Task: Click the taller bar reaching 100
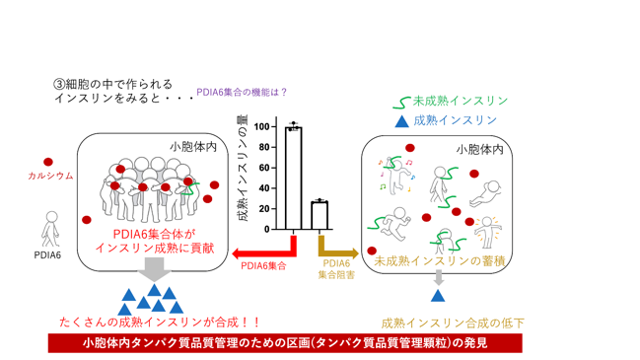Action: pyautogui.click(x=294, y=179)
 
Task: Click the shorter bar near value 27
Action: pyautogui.click(x=320, y=216)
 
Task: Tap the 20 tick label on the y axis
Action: pyautogui.click(x=264, y=208)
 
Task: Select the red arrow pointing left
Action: pyautogui.click(x=264, y=250)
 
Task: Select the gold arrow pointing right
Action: pyautogui.click(x=338, y=248)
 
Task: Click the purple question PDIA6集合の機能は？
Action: pyautogui.click(x=242, y=93)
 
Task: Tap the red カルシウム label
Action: pyautogui.click(x=50, y=176)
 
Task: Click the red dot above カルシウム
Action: pyautogui.click(x=48, y=162)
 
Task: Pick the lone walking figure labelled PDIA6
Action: pyautogui.click(x=50, y=229)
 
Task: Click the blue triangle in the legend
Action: pyautogui.click(x=402, y=121)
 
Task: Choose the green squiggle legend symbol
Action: pyautogui.click(x=401, y=103)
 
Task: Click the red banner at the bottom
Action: pyautogui.click(x=285, y=343)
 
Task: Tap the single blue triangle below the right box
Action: pyautogui.click(x=438, y=296)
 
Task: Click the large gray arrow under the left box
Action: pyautogui.click(x=154, y=269)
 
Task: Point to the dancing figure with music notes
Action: pyautogui.click(x=395, y=176)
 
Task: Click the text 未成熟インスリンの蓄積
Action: pyautogui.click(x=440, y=261)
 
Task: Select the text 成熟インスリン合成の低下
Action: pyautogui.click(x=453, y=324)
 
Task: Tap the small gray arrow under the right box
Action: pyautogui.click(x=439, y=278)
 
